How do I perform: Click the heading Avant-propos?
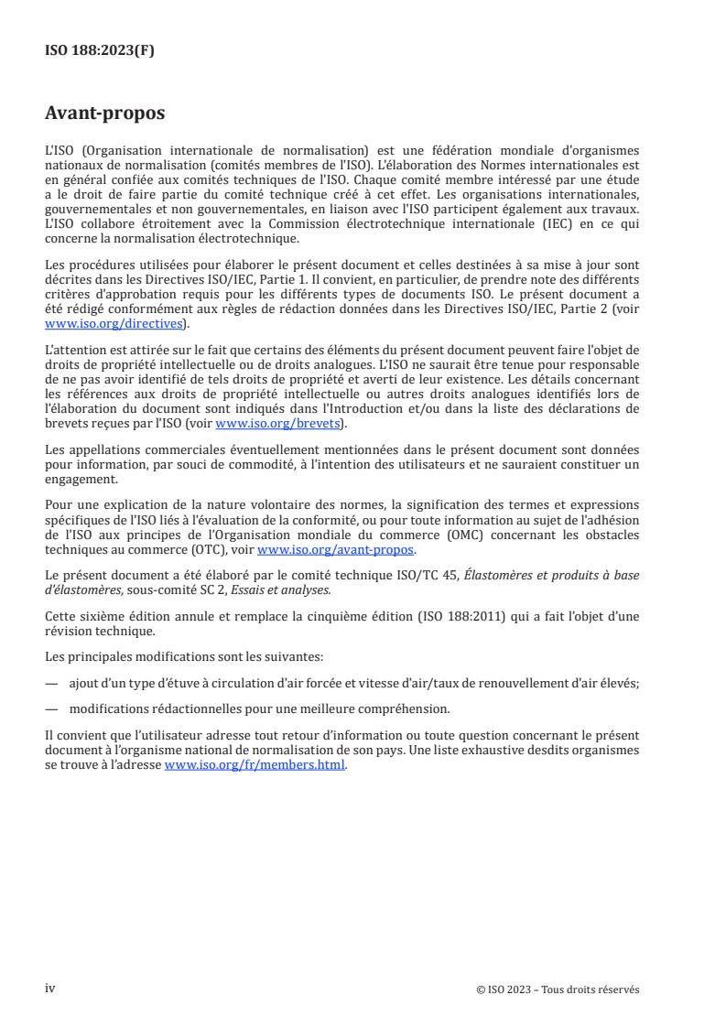tap(105, 114)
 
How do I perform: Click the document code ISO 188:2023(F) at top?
tap(100, 51)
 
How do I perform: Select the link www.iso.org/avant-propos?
tap(336, 549)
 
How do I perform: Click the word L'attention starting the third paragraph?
tap(73, 349)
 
